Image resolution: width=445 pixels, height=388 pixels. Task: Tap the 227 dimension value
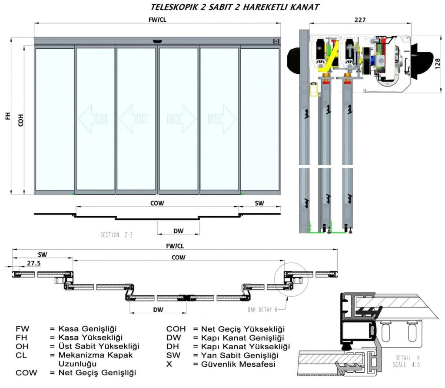click(x=360, y=20)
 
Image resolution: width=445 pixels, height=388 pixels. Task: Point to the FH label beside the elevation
click(x=7, y=117)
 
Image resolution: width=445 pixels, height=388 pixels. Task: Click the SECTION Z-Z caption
click(x=116, y=235)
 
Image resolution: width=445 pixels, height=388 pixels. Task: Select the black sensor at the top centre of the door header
click(x=157, y=41)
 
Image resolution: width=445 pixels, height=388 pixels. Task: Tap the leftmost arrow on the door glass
click(x=92, y=118)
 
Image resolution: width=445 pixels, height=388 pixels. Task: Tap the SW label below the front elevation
click(x=259, y=203)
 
